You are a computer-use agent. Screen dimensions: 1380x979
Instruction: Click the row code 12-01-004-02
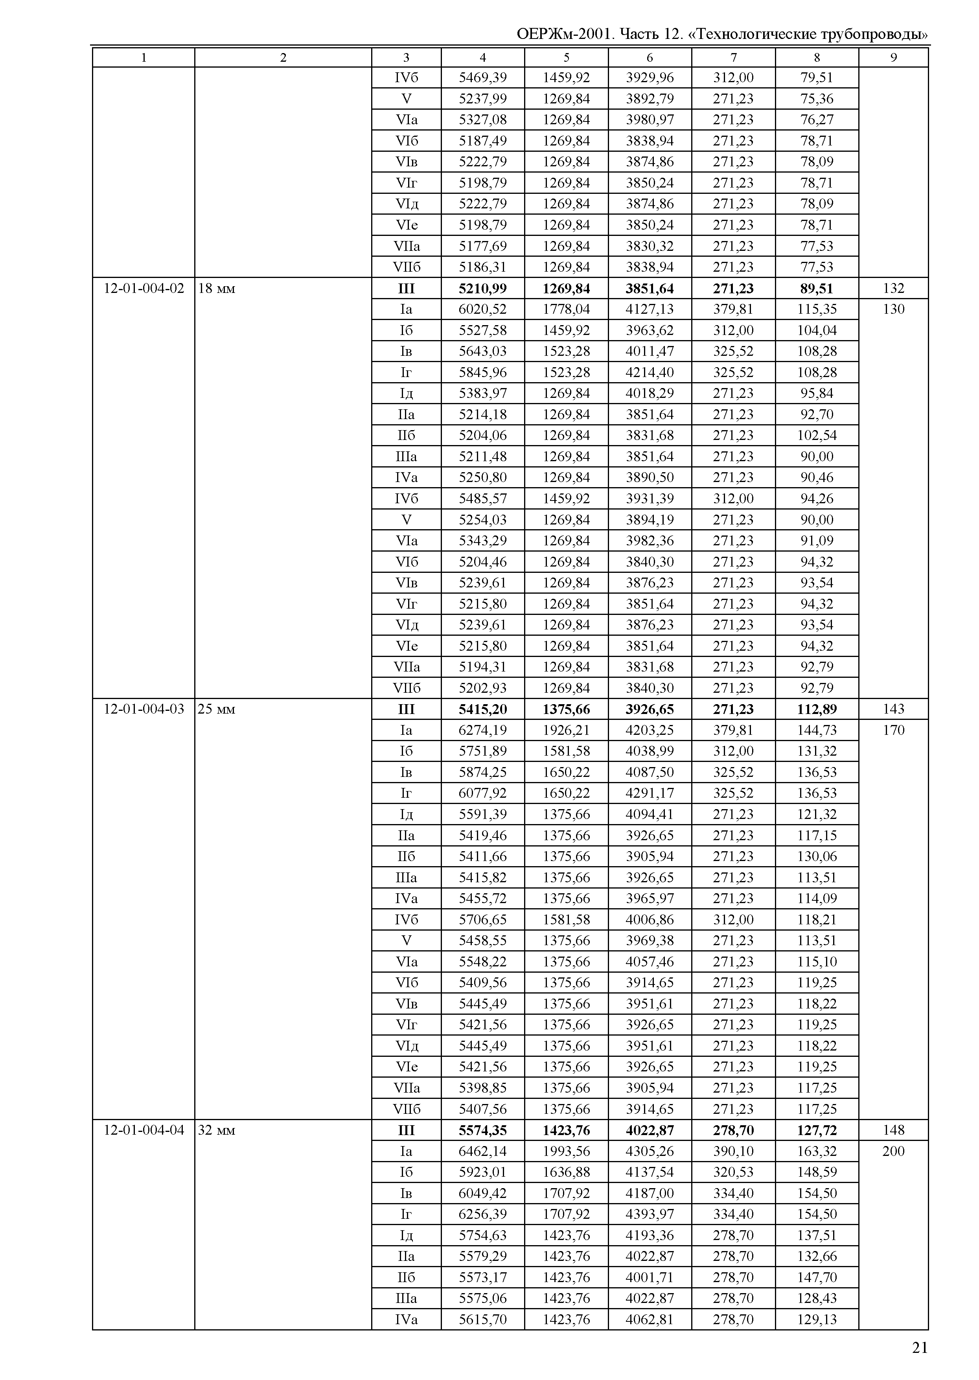(144, 288)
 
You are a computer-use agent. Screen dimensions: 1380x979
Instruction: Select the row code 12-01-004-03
(144, 709)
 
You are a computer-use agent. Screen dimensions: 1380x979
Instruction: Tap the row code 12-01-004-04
(144, 1130)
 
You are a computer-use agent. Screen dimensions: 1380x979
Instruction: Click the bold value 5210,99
(482, 288)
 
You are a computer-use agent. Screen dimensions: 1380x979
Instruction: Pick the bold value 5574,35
(482, 1130)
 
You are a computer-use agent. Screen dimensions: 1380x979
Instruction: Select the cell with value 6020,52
(482, 309)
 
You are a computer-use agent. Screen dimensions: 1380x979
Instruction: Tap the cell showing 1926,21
(566, 730)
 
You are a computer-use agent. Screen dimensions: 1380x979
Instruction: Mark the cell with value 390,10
(733, 1151)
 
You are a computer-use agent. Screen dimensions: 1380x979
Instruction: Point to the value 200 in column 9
(893, 1151)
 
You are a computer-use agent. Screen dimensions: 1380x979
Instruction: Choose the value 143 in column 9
(893, 709)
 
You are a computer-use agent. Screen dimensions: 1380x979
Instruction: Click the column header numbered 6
(649, 57)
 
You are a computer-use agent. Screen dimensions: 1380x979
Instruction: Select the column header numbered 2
(283, 57)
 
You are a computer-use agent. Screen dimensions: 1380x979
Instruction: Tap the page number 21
(919, 1347)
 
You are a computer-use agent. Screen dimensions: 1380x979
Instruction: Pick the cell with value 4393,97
(649, 1214)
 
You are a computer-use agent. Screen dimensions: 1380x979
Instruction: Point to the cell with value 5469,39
(482, 78)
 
